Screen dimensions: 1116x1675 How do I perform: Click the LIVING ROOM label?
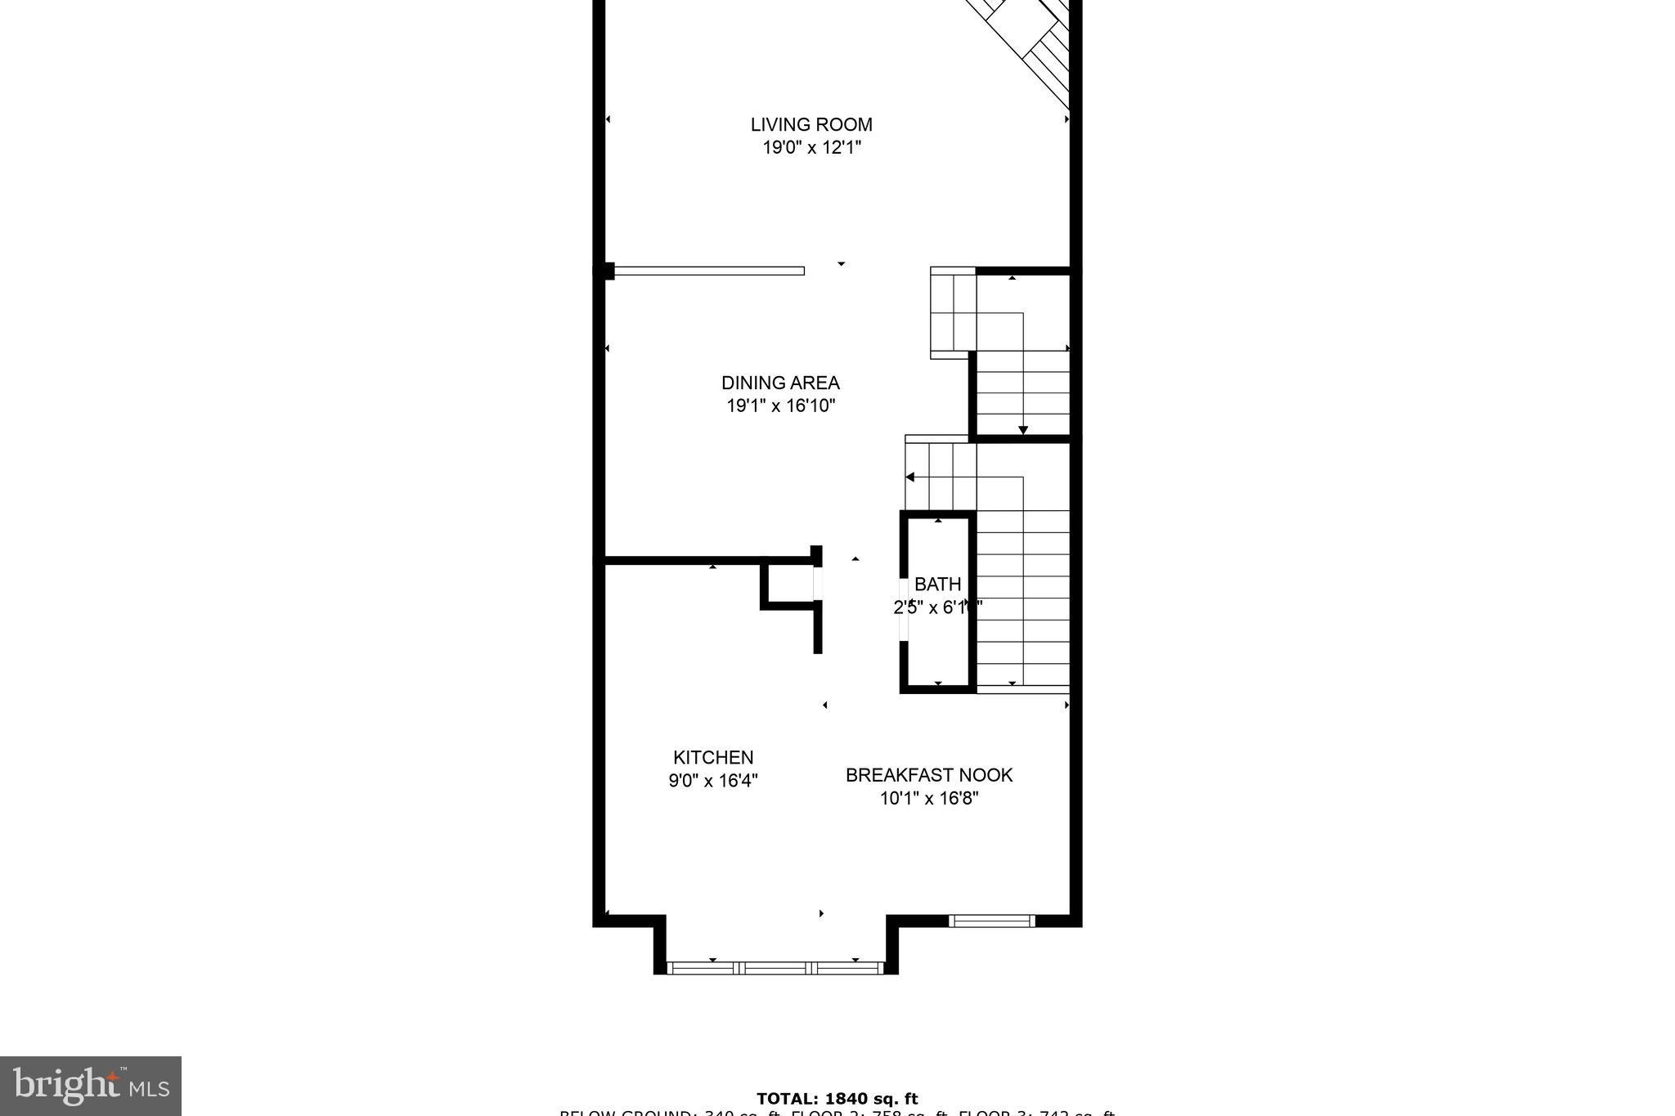(811, 124)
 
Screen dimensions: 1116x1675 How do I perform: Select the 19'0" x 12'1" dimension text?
(811, 148)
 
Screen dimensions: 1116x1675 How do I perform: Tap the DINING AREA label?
(780, 383)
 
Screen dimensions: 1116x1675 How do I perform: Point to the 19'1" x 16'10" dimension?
(780, 406)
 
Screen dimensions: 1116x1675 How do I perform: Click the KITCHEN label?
(713, 757)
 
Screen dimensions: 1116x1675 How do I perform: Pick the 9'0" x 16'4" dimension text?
(713, 781)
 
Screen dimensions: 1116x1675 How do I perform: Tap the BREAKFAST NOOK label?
(929, 775)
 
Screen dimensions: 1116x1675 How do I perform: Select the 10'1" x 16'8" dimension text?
(929, 798)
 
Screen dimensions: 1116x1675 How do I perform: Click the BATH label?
(937, 584)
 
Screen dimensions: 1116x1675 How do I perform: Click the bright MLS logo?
(91, 1086)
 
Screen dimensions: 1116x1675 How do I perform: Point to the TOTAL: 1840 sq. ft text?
(837, 1099)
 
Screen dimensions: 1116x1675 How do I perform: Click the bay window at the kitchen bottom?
(775, 968)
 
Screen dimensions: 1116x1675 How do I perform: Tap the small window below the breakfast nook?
(991, 921)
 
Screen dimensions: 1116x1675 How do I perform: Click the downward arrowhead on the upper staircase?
(1022, 430)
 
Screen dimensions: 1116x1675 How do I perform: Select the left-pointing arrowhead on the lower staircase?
(910, 477)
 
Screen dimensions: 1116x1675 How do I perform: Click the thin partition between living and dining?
(708, 271)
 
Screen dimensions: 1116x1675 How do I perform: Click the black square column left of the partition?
(607, 271)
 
